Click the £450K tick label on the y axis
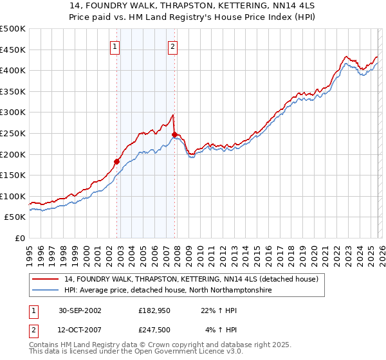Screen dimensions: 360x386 13,50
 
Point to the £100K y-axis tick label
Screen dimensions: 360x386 13,196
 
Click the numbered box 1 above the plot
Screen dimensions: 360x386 115,46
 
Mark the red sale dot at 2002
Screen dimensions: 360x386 117,161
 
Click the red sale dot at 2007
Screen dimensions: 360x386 174,134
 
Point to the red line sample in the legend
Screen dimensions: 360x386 46,279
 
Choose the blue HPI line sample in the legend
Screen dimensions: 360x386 46,291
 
